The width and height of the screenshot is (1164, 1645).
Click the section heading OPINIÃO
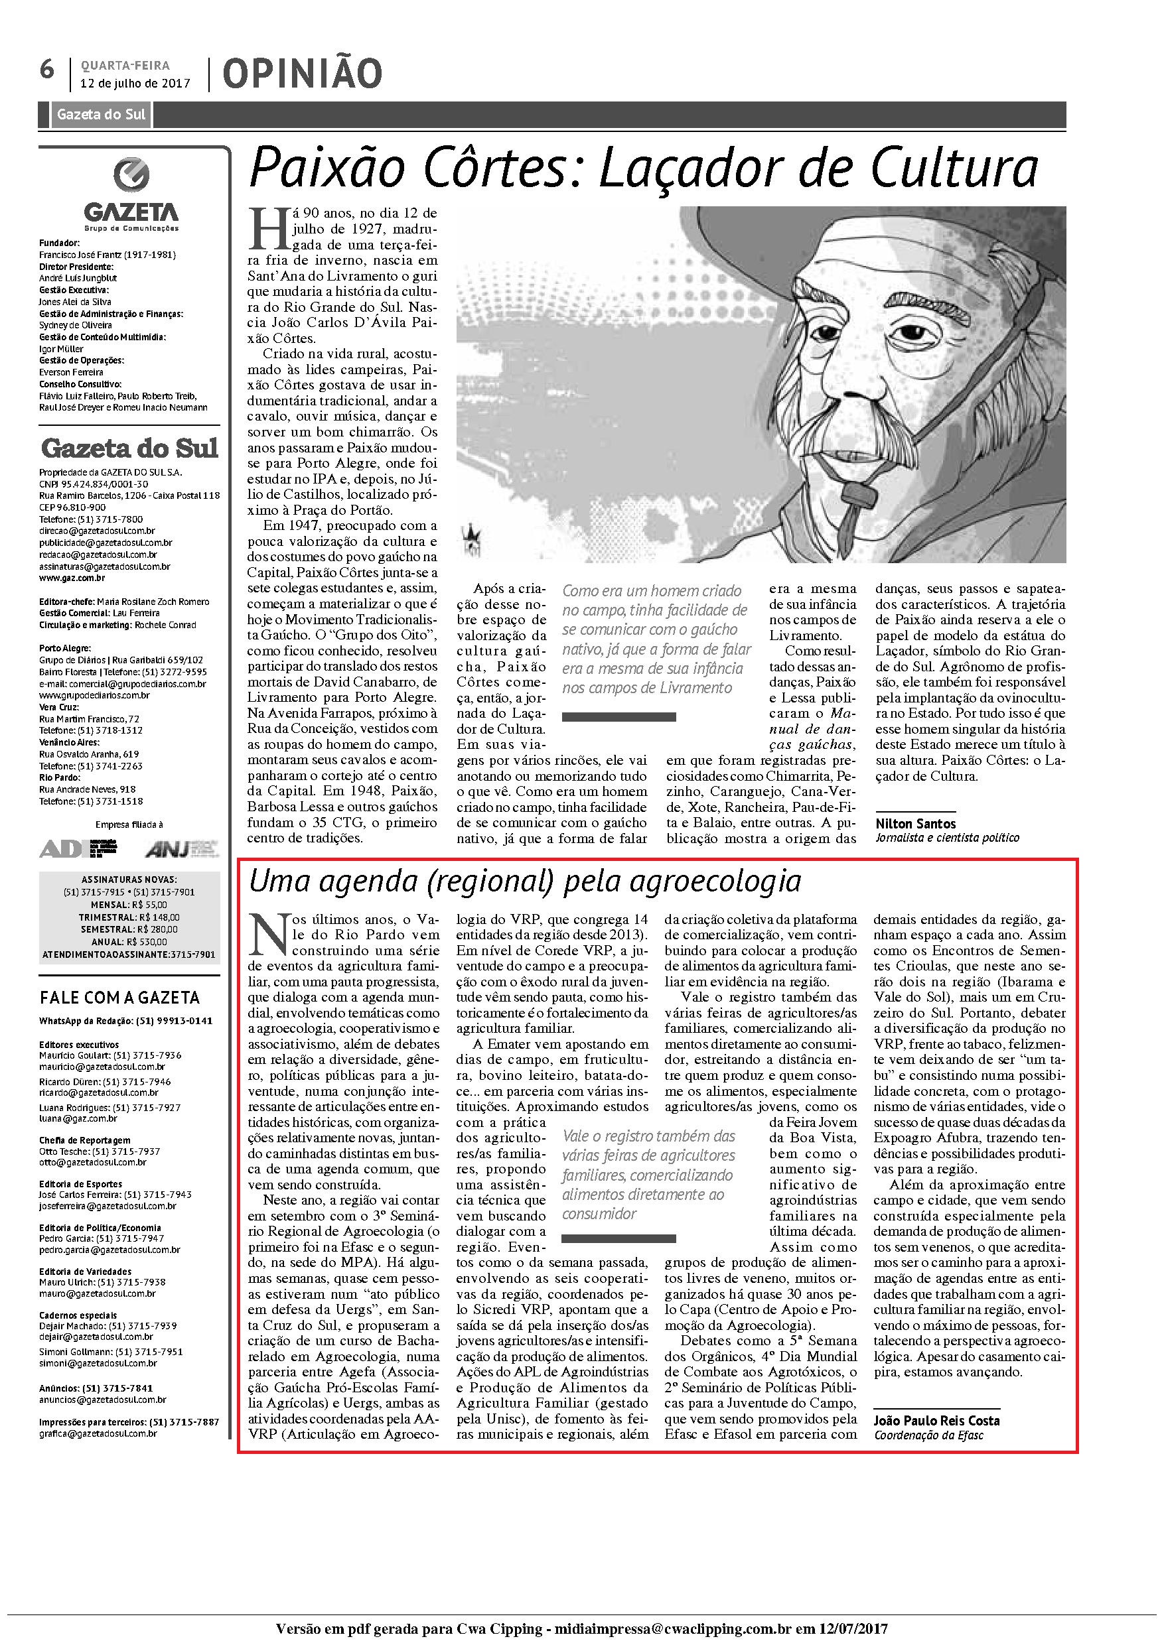302,74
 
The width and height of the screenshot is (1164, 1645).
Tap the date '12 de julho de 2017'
135,83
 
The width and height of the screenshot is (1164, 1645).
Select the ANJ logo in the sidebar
179,849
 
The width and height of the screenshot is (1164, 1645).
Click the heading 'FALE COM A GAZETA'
119,998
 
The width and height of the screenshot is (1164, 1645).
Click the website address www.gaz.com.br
72,578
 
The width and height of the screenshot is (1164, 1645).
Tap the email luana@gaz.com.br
71,1118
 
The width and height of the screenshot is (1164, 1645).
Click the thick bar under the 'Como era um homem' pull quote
618,716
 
